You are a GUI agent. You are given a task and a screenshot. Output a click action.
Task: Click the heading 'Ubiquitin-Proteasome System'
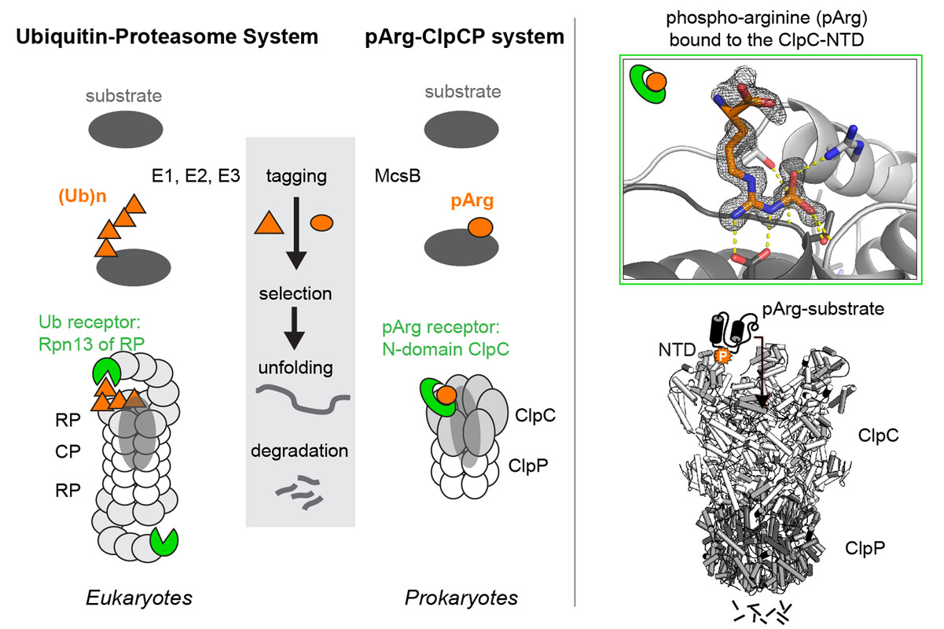click(165, 36)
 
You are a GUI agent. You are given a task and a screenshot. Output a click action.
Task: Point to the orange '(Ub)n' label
click(82, 198)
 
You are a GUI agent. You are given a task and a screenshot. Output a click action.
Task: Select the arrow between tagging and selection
click(296, 233)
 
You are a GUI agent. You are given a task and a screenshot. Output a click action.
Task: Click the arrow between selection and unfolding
click(296, 327)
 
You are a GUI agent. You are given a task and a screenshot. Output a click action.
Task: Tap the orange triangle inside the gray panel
click(269, 224)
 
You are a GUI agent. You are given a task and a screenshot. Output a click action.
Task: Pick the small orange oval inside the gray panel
click(322, 223)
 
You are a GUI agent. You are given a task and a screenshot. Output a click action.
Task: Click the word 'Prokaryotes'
click(461, 598)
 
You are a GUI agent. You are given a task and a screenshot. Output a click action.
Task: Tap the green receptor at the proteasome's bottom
click(164, 540)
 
